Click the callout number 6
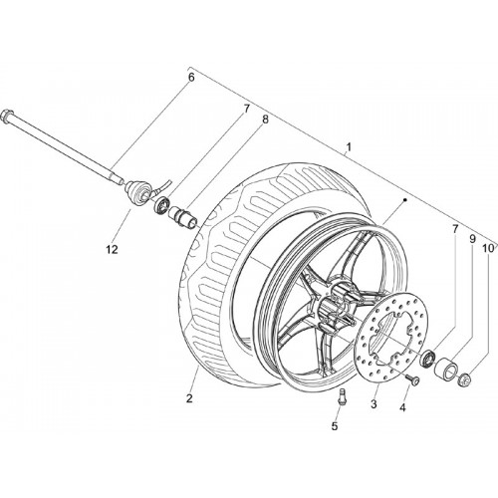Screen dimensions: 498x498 coord(191,78)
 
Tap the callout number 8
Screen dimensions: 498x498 coord(265,120)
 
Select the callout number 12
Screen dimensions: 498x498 coord(113,250)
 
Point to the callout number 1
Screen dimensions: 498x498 coord(349,146)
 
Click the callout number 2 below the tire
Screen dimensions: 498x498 coord(189,398)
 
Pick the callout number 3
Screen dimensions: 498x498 coord(373,404)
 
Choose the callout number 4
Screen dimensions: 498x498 coord(402,407)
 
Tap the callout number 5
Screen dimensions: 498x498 coord(335,426)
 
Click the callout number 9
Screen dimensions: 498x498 coord(472,239)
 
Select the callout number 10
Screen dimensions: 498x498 coord(488,248)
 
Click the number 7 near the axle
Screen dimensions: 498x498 coord(246,110)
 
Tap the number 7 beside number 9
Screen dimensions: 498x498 coord(455,229)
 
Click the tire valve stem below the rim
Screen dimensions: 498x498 coord(342,396)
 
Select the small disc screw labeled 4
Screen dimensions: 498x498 coord(413,379)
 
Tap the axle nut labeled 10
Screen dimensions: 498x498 coord(463,378)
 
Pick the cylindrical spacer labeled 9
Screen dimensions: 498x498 coord(446,368)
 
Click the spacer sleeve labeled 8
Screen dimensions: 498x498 coord(183,217)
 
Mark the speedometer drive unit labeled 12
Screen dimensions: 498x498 coord(137,191)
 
